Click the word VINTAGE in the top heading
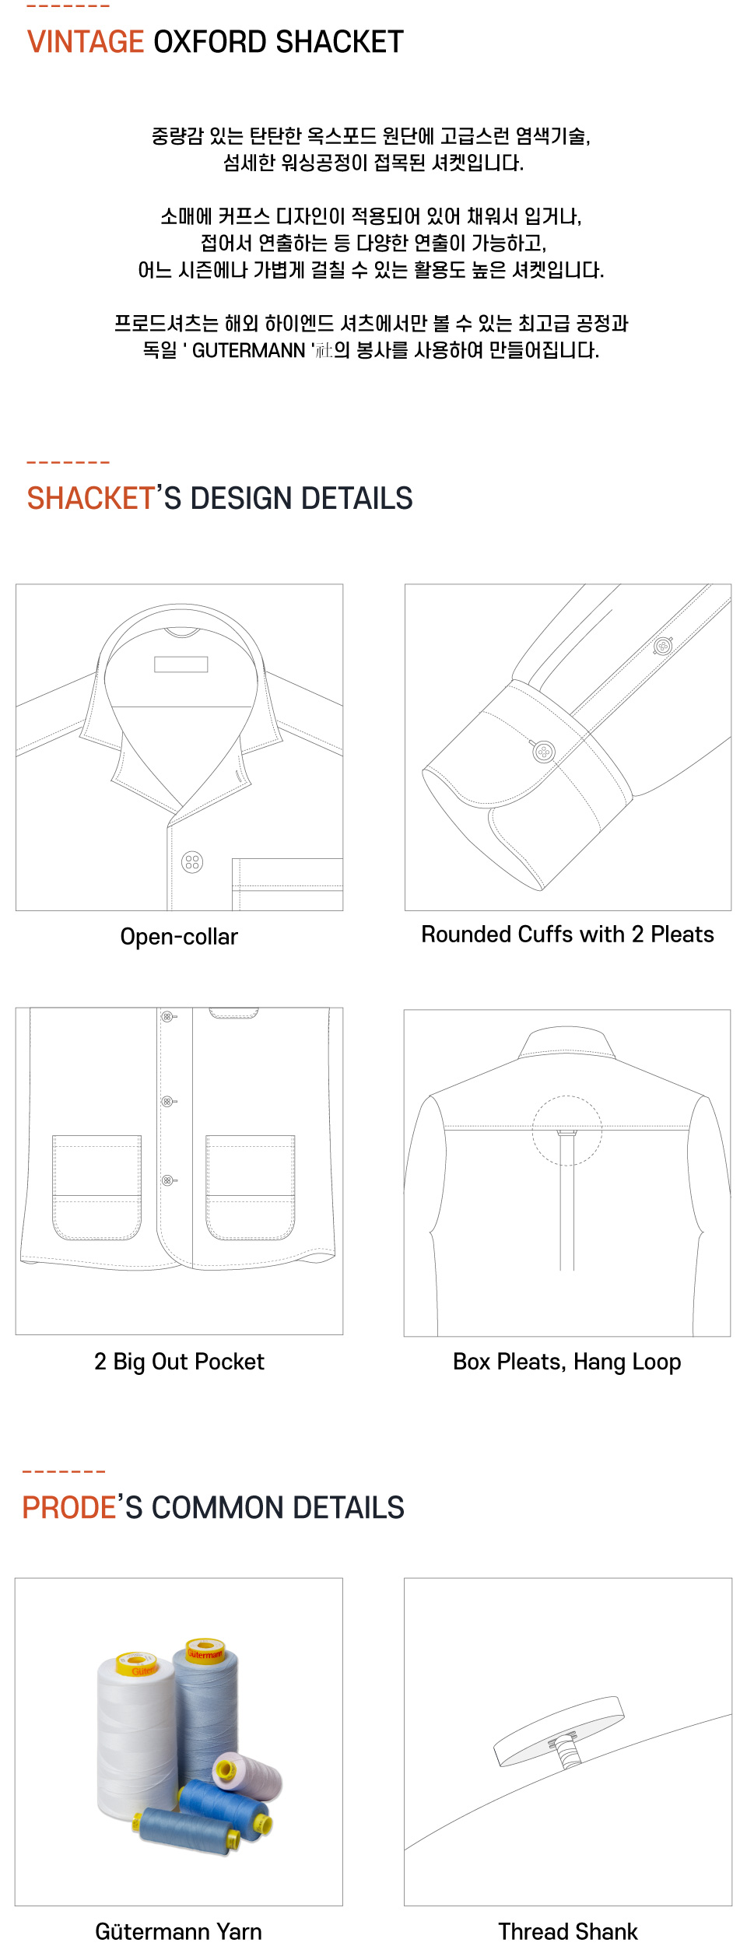pyautogui.click(x=86, y=42)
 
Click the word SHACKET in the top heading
pyautogui.click(x=339, y=42)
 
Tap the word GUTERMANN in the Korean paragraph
pyautogui.click(x=248, y=350)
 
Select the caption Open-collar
pyautogui.click(x=179, y=937)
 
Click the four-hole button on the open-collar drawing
pyautogui.click(x=192, y=862)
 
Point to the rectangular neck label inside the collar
pyautogui.click(x=181, y=664)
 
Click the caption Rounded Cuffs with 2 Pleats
pyautogui.click(x=567, y=934)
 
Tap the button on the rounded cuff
pyautogui.click(x=544, y=752)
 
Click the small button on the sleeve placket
pyautogui.click(x=663, y=645)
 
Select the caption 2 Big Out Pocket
pyautogui.click(x=179, y=1362)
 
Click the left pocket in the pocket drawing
pyautogui.click(x=96, y=1187)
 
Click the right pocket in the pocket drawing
pyautogui.click(x=251, y=1187)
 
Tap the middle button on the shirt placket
pyautogui.click(x=167, y=1102)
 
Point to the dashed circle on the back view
pyautogui.click(x=567, y=1131)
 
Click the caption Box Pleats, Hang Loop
pyautogui.click(x=566, y=1362)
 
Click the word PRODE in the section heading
pyautogui.click(x=68, y=1508)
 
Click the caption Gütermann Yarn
pyautogui.click(x=178, y=1932)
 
